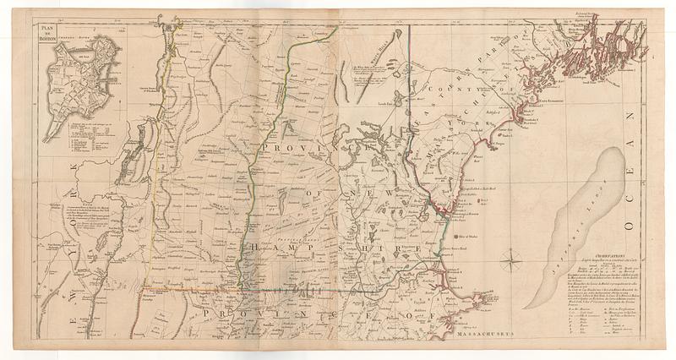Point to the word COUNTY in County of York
click(452, 94)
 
